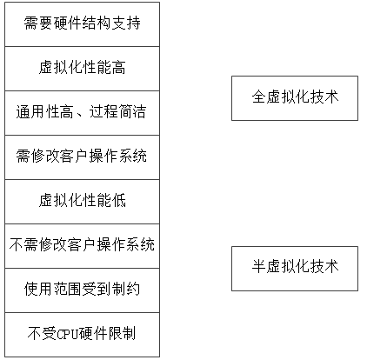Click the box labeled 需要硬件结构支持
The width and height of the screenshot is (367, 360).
pos(82,24)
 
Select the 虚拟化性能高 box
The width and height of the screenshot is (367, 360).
pos(82,69)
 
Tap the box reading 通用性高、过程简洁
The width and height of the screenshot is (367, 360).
pos(82,113)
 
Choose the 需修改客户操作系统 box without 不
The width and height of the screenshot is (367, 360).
pos(82,157)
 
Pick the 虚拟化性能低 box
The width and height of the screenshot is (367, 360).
pos(82,202)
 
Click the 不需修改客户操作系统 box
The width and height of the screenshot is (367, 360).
pos(82,246)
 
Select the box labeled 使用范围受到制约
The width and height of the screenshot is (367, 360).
pos(82,290)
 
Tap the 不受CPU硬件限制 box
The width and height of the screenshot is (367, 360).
pos(82,335)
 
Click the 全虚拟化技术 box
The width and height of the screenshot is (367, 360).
pos(295,98)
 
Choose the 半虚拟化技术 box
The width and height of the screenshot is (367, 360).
pos(295,269)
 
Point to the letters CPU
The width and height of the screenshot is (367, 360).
pos(68,334)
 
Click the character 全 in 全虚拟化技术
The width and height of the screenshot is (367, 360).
pos(259,97)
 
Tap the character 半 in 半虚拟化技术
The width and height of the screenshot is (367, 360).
pos(259,266)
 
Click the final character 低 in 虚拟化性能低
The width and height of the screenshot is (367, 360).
pos(118,200)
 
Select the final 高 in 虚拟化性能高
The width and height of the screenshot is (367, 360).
pos(118,67)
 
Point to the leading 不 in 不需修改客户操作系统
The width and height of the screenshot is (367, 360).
pos(17,244)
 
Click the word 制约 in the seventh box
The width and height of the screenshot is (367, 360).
pos(126,289)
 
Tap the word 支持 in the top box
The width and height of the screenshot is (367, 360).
pos(126,23)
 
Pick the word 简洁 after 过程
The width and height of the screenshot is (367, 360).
pos(132,111)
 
